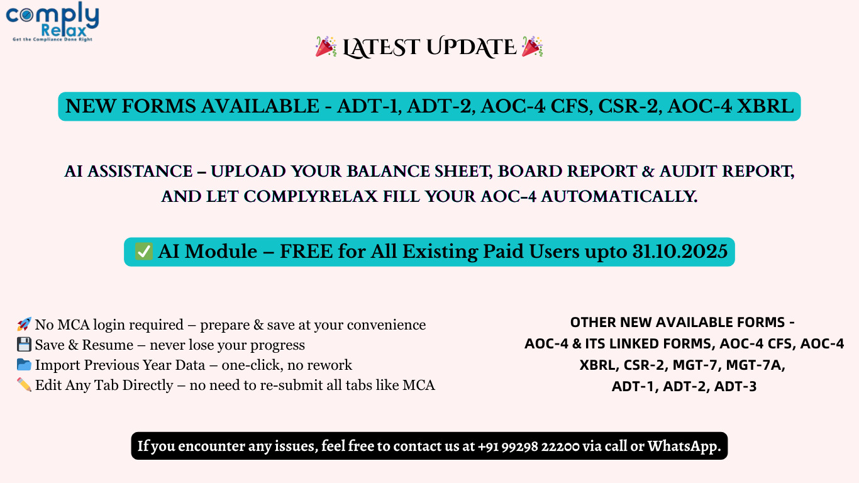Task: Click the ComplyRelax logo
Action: click(x=52, y=21)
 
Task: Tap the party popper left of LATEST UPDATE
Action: click(x=326, y=47)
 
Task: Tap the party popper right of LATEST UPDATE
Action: click(x=532, y=47)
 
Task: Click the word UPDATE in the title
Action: click(x=471, y=47)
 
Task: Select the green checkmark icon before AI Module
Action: click(x=144, y=252)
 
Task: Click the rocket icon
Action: click(x=24, y=325)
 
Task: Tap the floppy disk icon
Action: click(x=24, y=345)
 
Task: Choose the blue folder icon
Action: click(x=24, y=365)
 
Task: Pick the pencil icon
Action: click(x=24, y=384)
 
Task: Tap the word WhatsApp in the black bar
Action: click(x=684, y=446)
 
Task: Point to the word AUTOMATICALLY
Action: click(x=619, y=196)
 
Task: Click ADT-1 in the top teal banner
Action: click(x=369, y=106)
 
